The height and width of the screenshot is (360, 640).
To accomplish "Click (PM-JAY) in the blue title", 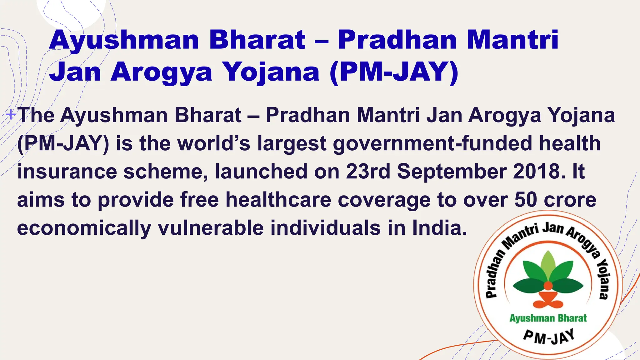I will (x=394, y=72).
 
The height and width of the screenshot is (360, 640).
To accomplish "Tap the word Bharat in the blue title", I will (x=257, y=40).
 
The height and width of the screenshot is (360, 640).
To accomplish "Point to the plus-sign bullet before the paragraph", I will (x=11, y=115).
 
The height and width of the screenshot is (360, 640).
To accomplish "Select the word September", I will (x=452, y=172).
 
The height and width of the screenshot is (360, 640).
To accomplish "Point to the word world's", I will (x=214, y=143).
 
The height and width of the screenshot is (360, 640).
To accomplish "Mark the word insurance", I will (x=67, y=172).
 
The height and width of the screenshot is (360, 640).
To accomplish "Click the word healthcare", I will (x=278, y=200).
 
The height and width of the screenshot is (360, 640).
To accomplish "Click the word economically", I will (x=84, y=228).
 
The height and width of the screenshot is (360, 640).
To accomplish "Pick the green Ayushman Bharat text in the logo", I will (x=548, y=318).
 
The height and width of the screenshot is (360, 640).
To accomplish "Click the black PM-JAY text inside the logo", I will (x=549, y=337).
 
